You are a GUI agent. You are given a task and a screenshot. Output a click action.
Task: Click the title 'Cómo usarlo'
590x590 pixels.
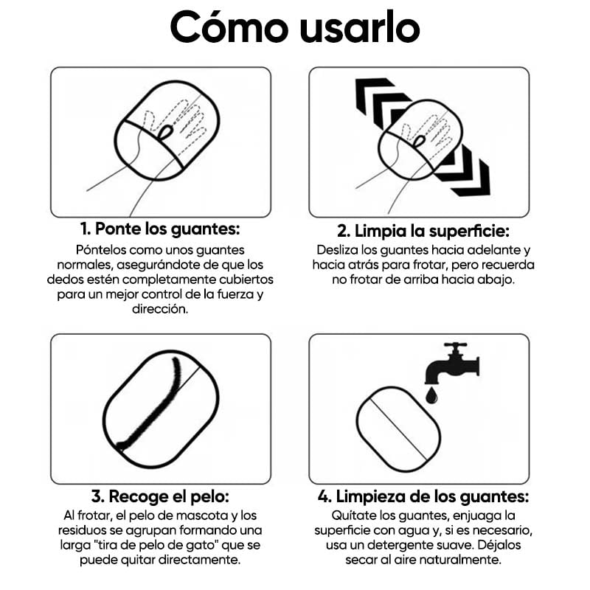click(x=295, y=27)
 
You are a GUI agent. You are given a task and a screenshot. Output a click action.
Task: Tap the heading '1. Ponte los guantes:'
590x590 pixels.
click(x=160, y=229)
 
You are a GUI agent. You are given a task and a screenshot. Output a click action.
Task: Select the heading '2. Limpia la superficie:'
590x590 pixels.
click(x=423, y=231)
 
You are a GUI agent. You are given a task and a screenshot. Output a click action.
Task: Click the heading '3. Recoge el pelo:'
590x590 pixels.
click(x=160, y=496)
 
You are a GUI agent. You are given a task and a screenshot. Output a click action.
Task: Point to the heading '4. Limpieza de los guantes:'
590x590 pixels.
click(x=423, y=496)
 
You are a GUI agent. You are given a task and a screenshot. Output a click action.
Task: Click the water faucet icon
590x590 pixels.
click(x=452, y=364)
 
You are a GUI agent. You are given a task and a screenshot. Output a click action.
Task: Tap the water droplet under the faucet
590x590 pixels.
click(x=431, y=396)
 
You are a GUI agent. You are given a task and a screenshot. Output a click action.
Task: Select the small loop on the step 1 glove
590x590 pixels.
click(x=165, y=133)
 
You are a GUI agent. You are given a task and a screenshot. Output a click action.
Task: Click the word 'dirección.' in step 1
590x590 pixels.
click(x=160, y=309)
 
